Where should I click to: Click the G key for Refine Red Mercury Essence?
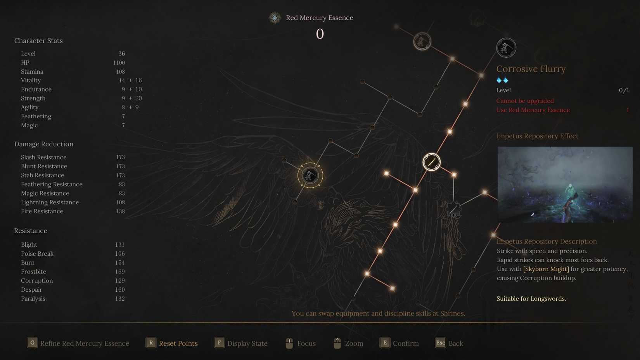pyautogui.click(x=32, y=343)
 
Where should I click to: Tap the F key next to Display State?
pyautogui.click(x=219, y=343)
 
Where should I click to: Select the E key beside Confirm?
pyautogui.click(x=385, y=343)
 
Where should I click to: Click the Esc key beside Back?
pyautogui.click(x=441, y=343)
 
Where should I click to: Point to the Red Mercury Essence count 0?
pyautogui.click(x=320, y=34)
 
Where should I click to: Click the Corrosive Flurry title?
pyautogui.click(x=531, y=69)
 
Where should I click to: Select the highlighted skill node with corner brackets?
pyautogui.click(x=310, y=175)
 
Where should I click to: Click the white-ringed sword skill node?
pyautogui.click(x=431, y=162)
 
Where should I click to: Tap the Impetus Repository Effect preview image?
pyautogui.click(x=565, y=184)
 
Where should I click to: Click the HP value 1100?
pyautogui.click(x=119, y=63)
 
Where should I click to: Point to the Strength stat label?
pyautogui.click(x=33, y=99)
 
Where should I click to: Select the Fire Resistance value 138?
pyautogui.click(x=120, y=211)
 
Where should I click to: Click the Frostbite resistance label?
pyautogui.click(x=33, y=272)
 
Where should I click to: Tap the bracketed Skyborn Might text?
pyautogui.click(x=546, y=269)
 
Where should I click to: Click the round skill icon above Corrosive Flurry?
pyautogui.click(x=506, y=48)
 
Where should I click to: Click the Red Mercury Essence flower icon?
pyautogui.click(x=275, y=18)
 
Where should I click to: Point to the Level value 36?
pyautogui.click(x=121, y=54)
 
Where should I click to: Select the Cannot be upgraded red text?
pyautogui.click(x=525, y=101)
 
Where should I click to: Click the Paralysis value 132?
pyautogui.click(x=120, y=299)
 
